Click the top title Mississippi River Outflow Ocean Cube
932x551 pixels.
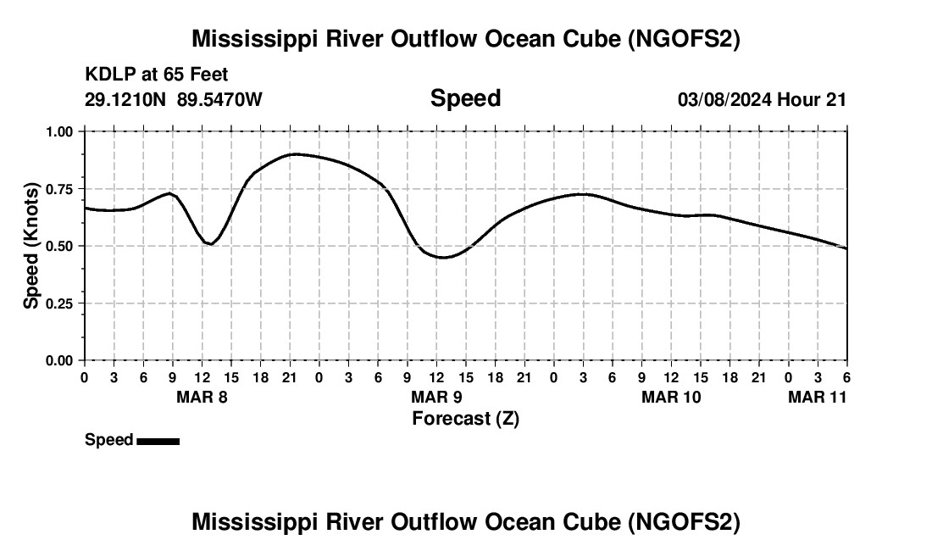pyautogui.click(x=466, y=39)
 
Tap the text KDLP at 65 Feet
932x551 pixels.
pyautogui.click(x=157, y=75)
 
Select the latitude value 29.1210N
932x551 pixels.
pyautogui.click(x=127, y=99)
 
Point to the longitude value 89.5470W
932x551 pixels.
pyautogui.click(x=219, y=99)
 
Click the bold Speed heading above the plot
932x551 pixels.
pyautogui.click(x=465, y=98)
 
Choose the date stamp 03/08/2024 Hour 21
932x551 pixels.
pyautogui.click(x=762, y=99)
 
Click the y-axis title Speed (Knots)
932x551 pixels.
pyautogui.click(x=31, y=246)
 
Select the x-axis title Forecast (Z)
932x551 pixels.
pyautogui.click(x=465, y=418)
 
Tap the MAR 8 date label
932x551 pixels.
pyautogui.click(x=201, y=397)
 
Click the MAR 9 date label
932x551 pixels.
pyautogui.click(x=435, y=397)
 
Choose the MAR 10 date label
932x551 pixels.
pyautogui.click(x=671, y=397)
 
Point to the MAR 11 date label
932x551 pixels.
pyautogui.click(x=817, y=397)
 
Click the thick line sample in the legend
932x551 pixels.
pyautogui.click(x=158, y=441)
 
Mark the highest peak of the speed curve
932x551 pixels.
pyautogui.click(x=294, y=154)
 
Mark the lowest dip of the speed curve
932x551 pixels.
pyautogui.click(x=443, y=257)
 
